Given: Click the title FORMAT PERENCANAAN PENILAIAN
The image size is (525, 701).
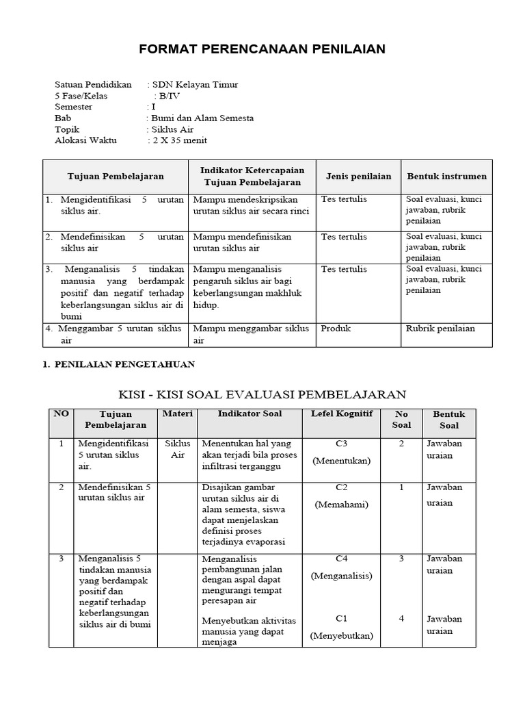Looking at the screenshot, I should pos(262,49).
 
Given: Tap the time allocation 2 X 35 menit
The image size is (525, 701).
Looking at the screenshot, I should pos(180,140).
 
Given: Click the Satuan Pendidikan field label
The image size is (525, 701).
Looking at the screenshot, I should pos(93,85).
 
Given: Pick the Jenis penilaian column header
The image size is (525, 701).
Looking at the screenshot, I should pos(358,176).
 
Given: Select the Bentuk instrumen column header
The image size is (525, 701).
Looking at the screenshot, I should pos(447,176).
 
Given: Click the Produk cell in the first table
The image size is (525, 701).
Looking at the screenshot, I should pos(336,329).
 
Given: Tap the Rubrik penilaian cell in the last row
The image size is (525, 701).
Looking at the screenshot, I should pos(440,329).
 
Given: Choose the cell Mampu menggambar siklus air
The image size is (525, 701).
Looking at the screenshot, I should pos(251,334).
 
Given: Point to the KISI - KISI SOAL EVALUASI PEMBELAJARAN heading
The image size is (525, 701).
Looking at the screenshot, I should pos(262,394).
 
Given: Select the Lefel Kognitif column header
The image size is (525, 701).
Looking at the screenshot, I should pos(342,413).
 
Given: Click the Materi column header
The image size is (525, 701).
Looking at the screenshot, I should pos(178,413).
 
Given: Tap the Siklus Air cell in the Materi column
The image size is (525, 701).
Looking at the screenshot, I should pos(178,449).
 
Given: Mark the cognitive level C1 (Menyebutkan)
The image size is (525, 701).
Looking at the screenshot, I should pos(342,627).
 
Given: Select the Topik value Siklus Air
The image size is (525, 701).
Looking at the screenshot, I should pos(173,129).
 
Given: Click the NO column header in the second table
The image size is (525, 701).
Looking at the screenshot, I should pos(61,413).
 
